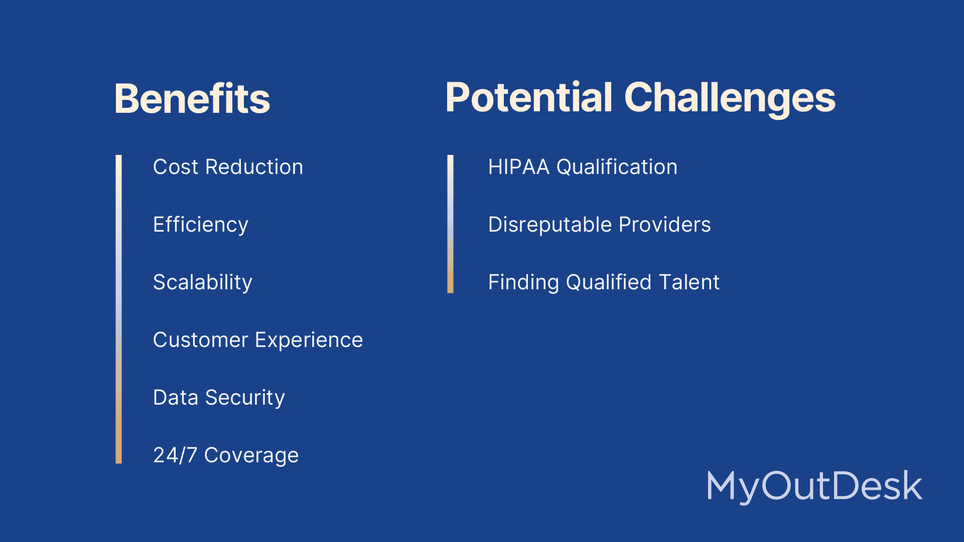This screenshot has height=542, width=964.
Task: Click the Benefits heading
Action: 192,98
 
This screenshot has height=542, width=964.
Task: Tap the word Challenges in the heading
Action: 730,99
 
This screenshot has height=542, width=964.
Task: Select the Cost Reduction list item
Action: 228,167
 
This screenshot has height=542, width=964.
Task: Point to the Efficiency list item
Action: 201,225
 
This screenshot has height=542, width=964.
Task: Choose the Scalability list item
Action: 203,283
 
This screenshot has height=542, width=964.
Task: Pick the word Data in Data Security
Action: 176,398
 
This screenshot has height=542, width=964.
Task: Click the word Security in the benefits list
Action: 245,399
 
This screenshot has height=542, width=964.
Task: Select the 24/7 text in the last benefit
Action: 175,455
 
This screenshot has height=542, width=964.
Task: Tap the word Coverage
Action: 251,456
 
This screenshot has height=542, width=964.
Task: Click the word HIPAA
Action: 519,167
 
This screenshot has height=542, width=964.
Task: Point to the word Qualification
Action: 617,167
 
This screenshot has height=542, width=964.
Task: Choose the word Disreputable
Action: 549,225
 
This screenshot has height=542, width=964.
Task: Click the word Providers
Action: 665,225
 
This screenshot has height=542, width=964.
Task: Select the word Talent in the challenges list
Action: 690,282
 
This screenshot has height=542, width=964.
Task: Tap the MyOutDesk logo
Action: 814,486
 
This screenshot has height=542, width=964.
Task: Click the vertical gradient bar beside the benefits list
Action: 118,309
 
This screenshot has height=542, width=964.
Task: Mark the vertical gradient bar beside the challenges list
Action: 450,224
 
